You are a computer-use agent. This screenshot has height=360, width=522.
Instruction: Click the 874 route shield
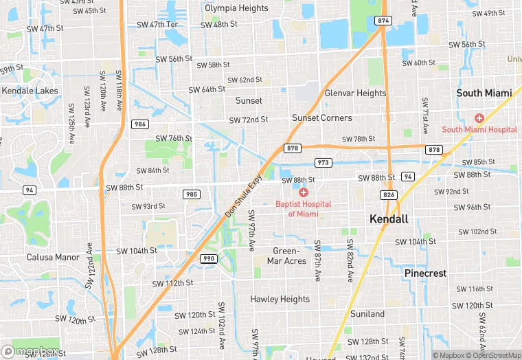[383, 21]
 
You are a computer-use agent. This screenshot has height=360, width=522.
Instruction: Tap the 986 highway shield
[140, 124]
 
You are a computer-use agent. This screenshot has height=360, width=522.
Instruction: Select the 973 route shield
[323, 162]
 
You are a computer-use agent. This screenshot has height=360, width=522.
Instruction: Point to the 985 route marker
[192, 194]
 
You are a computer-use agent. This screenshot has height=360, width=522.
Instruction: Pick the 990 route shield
[208, 258]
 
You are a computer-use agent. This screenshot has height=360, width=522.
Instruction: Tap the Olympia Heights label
[236, 8]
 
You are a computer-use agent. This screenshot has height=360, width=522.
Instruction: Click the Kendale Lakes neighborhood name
[31, 90]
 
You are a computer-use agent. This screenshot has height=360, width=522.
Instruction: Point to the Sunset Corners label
[321, 117]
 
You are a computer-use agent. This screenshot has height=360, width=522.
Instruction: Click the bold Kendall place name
[389, 219]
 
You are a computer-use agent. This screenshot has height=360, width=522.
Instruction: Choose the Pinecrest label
[425, 273]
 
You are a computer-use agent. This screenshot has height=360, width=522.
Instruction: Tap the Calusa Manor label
[54, 258]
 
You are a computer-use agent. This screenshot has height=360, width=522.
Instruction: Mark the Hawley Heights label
[280, 300]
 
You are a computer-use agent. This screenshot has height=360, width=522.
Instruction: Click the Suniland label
[367, 314]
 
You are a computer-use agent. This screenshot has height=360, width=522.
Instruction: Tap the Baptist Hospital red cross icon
[303, 192]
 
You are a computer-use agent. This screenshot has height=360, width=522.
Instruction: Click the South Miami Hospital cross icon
[479, 118]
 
